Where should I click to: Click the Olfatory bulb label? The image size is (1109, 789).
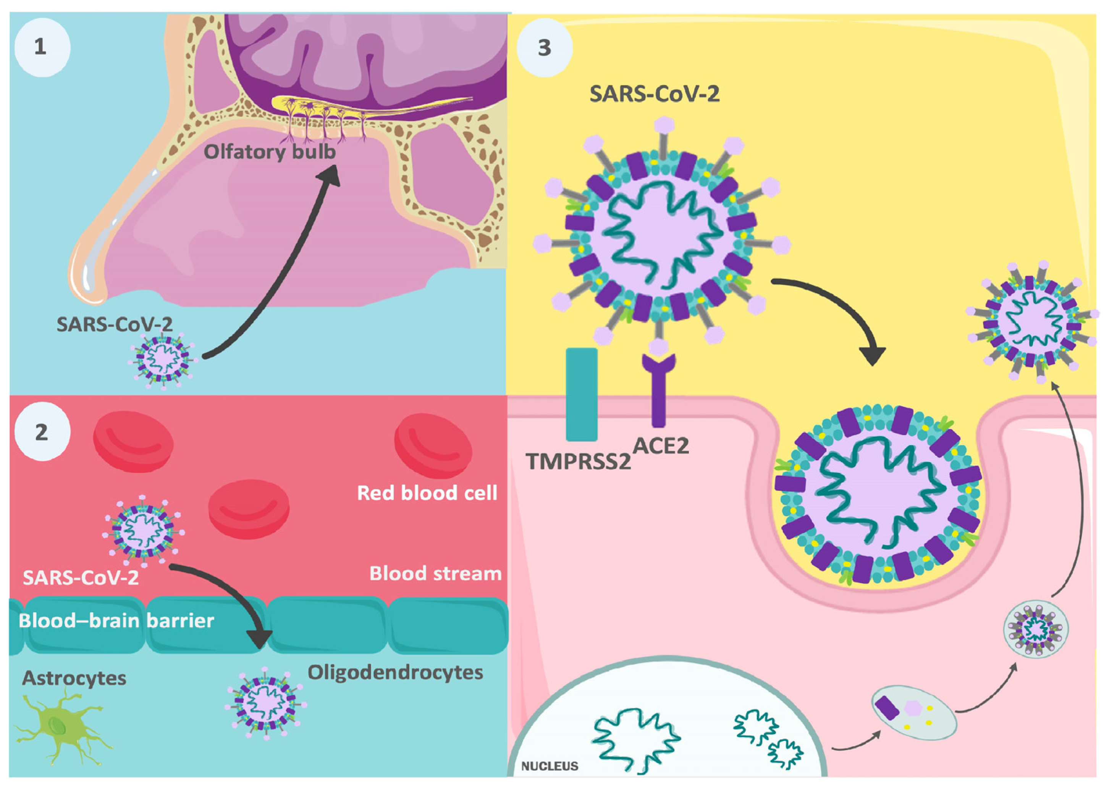(x=269, y=152)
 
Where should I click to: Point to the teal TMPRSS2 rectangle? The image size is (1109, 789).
(x=581, y=394)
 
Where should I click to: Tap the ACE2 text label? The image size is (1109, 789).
(x=661, y=445)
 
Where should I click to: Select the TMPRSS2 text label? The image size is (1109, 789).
(x=578, y=461)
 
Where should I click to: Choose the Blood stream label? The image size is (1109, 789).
(x=435, y=573)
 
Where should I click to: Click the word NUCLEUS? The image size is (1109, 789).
(x=549, y=766)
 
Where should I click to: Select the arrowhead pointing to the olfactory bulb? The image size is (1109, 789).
(x=330, y=174)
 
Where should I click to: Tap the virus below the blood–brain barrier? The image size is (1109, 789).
(x=265, y=703)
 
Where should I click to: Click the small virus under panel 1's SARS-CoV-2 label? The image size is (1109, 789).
(x=161, y=360)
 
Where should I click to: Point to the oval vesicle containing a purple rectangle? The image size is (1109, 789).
(x=915, y=712)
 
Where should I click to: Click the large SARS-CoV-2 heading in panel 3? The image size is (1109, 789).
(x=654, y=94)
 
